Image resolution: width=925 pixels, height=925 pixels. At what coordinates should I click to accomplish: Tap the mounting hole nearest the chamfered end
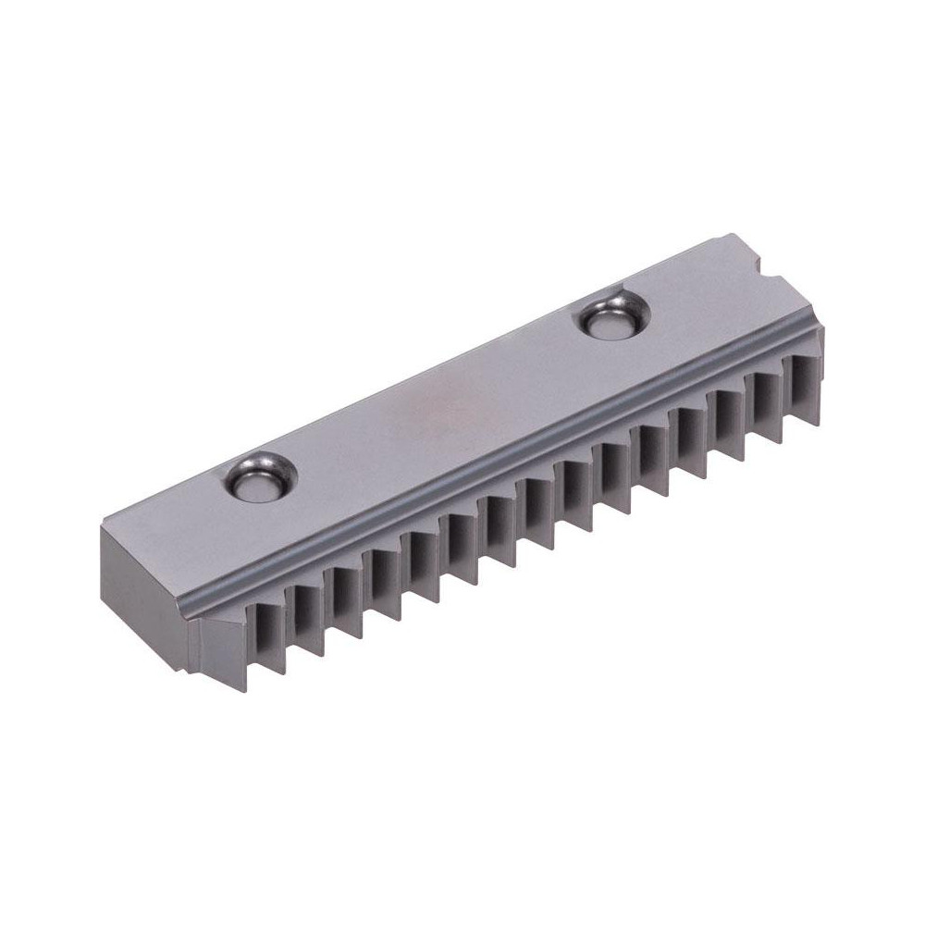pyautogui.click(x=259, y=478)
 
